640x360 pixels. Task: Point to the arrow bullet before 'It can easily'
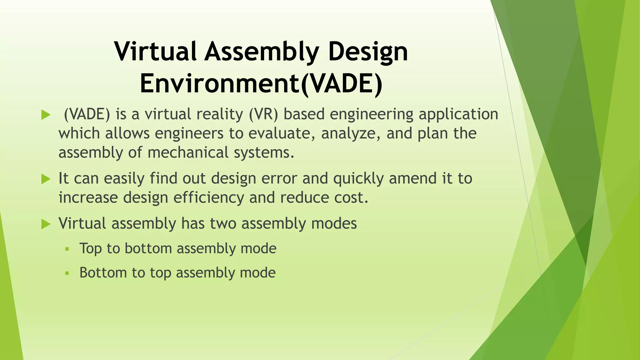46,179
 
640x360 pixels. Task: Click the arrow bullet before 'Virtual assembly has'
46,224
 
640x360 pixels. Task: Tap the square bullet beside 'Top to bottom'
67,249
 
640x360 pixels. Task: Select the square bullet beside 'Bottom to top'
67,273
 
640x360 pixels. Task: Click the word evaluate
282,133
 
